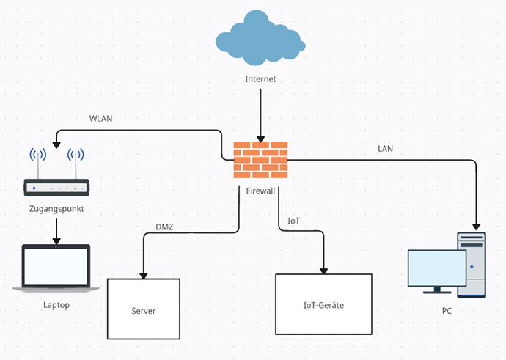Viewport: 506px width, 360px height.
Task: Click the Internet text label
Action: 260,79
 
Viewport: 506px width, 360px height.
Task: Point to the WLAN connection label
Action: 100,119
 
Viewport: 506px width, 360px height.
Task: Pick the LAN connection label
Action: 385,148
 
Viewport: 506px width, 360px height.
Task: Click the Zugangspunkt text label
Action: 56,209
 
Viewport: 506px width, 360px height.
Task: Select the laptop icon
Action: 56,268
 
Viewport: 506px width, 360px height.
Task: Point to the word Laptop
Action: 56,305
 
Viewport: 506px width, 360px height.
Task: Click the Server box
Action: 144,311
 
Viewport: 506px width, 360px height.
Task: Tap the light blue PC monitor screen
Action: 436,270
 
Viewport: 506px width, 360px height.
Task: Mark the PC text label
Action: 447,311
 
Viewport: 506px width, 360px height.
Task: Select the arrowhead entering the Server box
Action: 143,274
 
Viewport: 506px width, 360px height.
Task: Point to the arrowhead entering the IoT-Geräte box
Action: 323,269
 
